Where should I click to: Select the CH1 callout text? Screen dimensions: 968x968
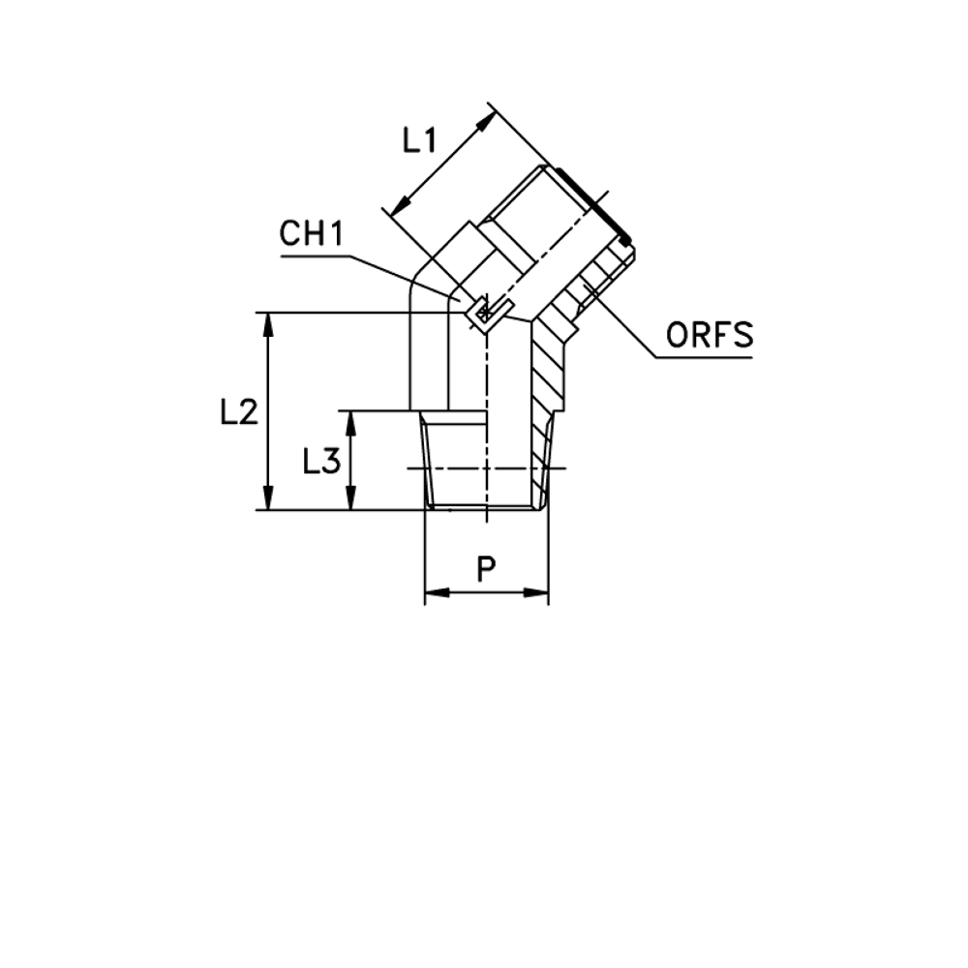click(x=312, y=234)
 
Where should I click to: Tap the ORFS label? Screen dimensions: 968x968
click(x=710, y=336)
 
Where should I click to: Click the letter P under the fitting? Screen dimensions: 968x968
click(x=486, y=570)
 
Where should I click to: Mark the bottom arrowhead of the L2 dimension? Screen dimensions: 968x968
click(x=269, y=500)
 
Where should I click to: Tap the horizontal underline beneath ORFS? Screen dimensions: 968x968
click(x=704, y=358)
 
